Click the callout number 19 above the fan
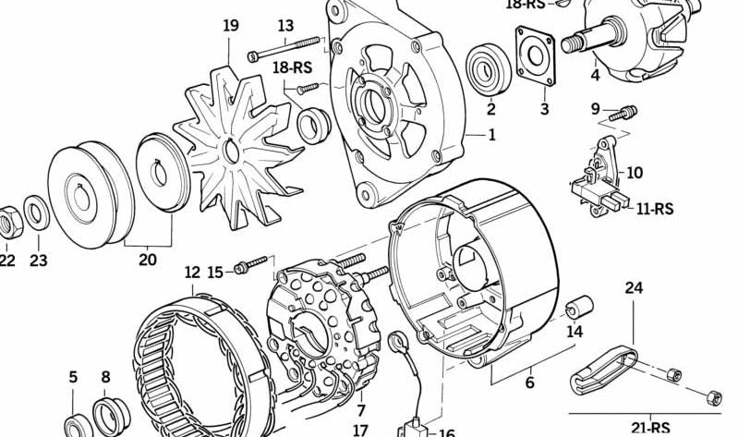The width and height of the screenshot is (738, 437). [231, 26]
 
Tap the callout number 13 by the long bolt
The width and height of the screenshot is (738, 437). [285, 26]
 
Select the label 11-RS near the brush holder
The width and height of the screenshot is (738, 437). [654, 210]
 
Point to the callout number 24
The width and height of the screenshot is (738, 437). [634, 288]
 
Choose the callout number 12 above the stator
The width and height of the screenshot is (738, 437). [192, 273]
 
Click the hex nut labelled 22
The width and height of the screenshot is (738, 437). [7, 218]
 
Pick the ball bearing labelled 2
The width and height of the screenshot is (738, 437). [487, 68]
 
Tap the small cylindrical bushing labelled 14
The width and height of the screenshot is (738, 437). [577, 305]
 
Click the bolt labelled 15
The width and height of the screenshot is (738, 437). [251, 266]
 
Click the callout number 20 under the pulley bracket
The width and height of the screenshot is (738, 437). [148, 261]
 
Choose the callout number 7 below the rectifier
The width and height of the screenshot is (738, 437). [360, 409]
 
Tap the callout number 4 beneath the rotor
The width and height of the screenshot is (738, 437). [595, 76]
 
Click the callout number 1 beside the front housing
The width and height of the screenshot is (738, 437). [491, 135]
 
